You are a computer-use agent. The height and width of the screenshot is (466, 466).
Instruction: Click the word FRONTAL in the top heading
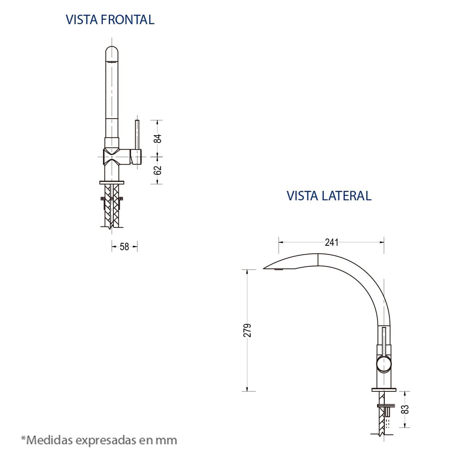(x=127, y=19)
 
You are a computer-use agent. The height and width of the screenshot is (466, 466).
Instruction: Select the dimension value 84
(x=158, y=138)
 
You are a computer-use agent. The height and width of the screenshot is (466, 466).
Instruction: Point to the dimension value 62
(x=158, y=170)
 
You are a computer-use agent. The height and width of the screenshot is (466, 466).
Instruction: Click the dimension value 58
(x=124, y=247)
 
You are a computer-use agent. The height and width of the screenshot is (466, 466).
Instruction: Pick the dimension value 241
(x=332, y=242)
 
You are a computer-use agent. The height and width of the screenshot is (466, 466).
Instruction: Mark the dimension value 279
(x=248, y=330)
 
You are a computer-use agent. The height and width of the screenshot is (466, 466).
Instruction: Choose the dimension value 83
(x=405, y=409)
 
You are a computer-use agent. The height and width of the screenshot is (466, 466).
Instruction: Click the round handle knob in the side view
(x=384, y=364)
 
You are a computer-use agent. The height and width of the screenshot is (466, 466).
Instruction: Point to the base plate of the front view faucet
(x=112, y=182)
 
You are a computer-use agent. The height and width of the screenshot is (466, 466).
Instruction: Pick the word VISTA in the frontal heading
(x=82, y=19)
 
